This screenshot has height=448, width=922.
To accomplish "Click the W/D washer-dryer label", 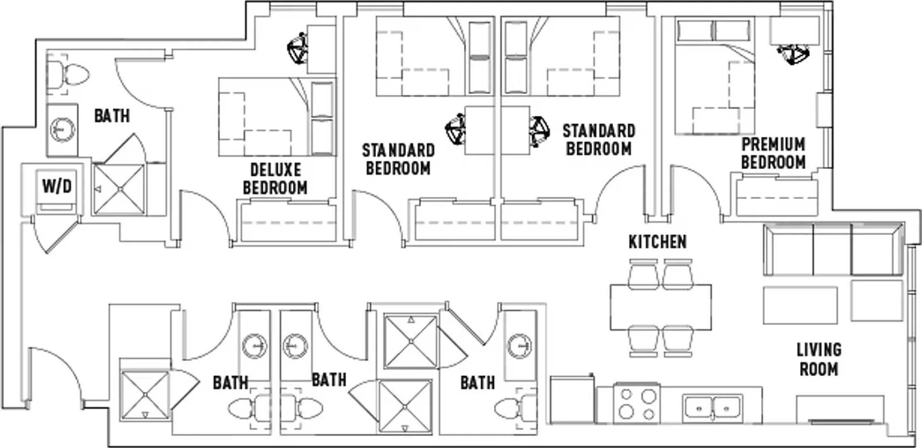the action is pyautogui.click(x=57, y=186).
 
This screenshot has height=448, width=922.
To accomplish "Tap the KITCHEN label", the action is pyautogui.click(x=658, y=242).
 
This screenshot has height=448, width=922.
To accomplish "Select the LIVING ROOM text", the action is pyautogui.click(x=819, y=359).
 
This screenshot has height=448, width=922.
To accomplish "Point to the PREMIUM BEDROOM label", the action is pyautogui.click(x=773, y=153).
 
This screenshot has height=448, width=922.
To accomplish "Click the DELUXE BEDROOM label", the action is pyautogui.click(x=275, y=179).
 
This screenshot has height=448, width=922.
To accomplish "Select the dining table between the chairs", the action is pyautogui.click(x=661, y=307).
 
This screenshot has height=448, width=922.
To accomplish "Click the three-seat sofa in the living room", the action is pyautogui.click(x=833, y=249).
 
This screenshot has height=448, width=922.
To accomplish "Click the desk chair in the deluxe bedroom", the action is pyautogui.click(x=298, y=48).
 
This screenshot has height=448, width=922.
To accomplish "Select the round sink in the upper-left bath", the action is pyautogui.click(x=63, y=130).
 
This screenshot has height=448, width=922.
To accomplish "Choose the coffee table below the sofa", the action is pyautogui.click(x=800, y=305).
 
